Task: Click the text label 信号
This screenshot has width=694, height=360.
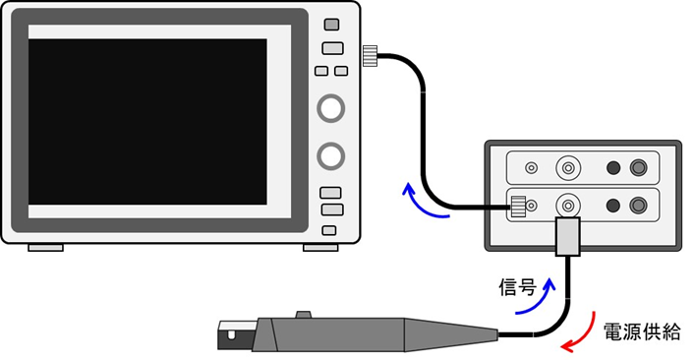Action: click(x=517, y=288)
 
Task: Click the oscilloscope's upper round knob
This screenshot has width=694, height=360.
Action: click(x=331, y=107)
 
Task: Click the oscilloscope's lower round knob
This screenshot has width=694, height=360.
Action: click(x=331, y=154)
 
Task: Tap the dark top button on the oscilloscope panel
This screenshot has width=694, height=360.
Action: click(x=331, y=25)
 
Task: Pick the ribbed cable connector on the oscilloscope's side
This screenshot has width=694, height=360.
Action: click(x=372, y=56)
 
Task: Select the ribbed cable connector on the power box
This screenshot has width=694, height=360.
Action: click(x=517, y=207)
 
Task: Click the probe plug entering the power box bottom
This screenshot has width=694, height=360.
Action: click(x=568, y=238)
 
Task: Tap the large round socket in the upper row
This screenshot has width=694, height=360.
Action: click(x=567, y=168)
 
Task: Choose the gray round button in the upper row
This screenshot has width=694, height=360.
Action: click(x=640, y=168)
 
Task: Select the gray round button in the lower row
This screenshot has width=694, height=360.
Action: click(x=640, y=206)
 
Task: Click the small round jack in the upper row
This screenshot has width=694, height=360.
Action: click(x=532, y=168)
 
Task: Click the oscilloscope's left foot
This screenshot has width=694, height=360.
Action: click(x=45, y=247)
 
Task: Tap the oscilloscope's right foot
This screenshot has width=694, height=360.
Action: click(x=319, y=247)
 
